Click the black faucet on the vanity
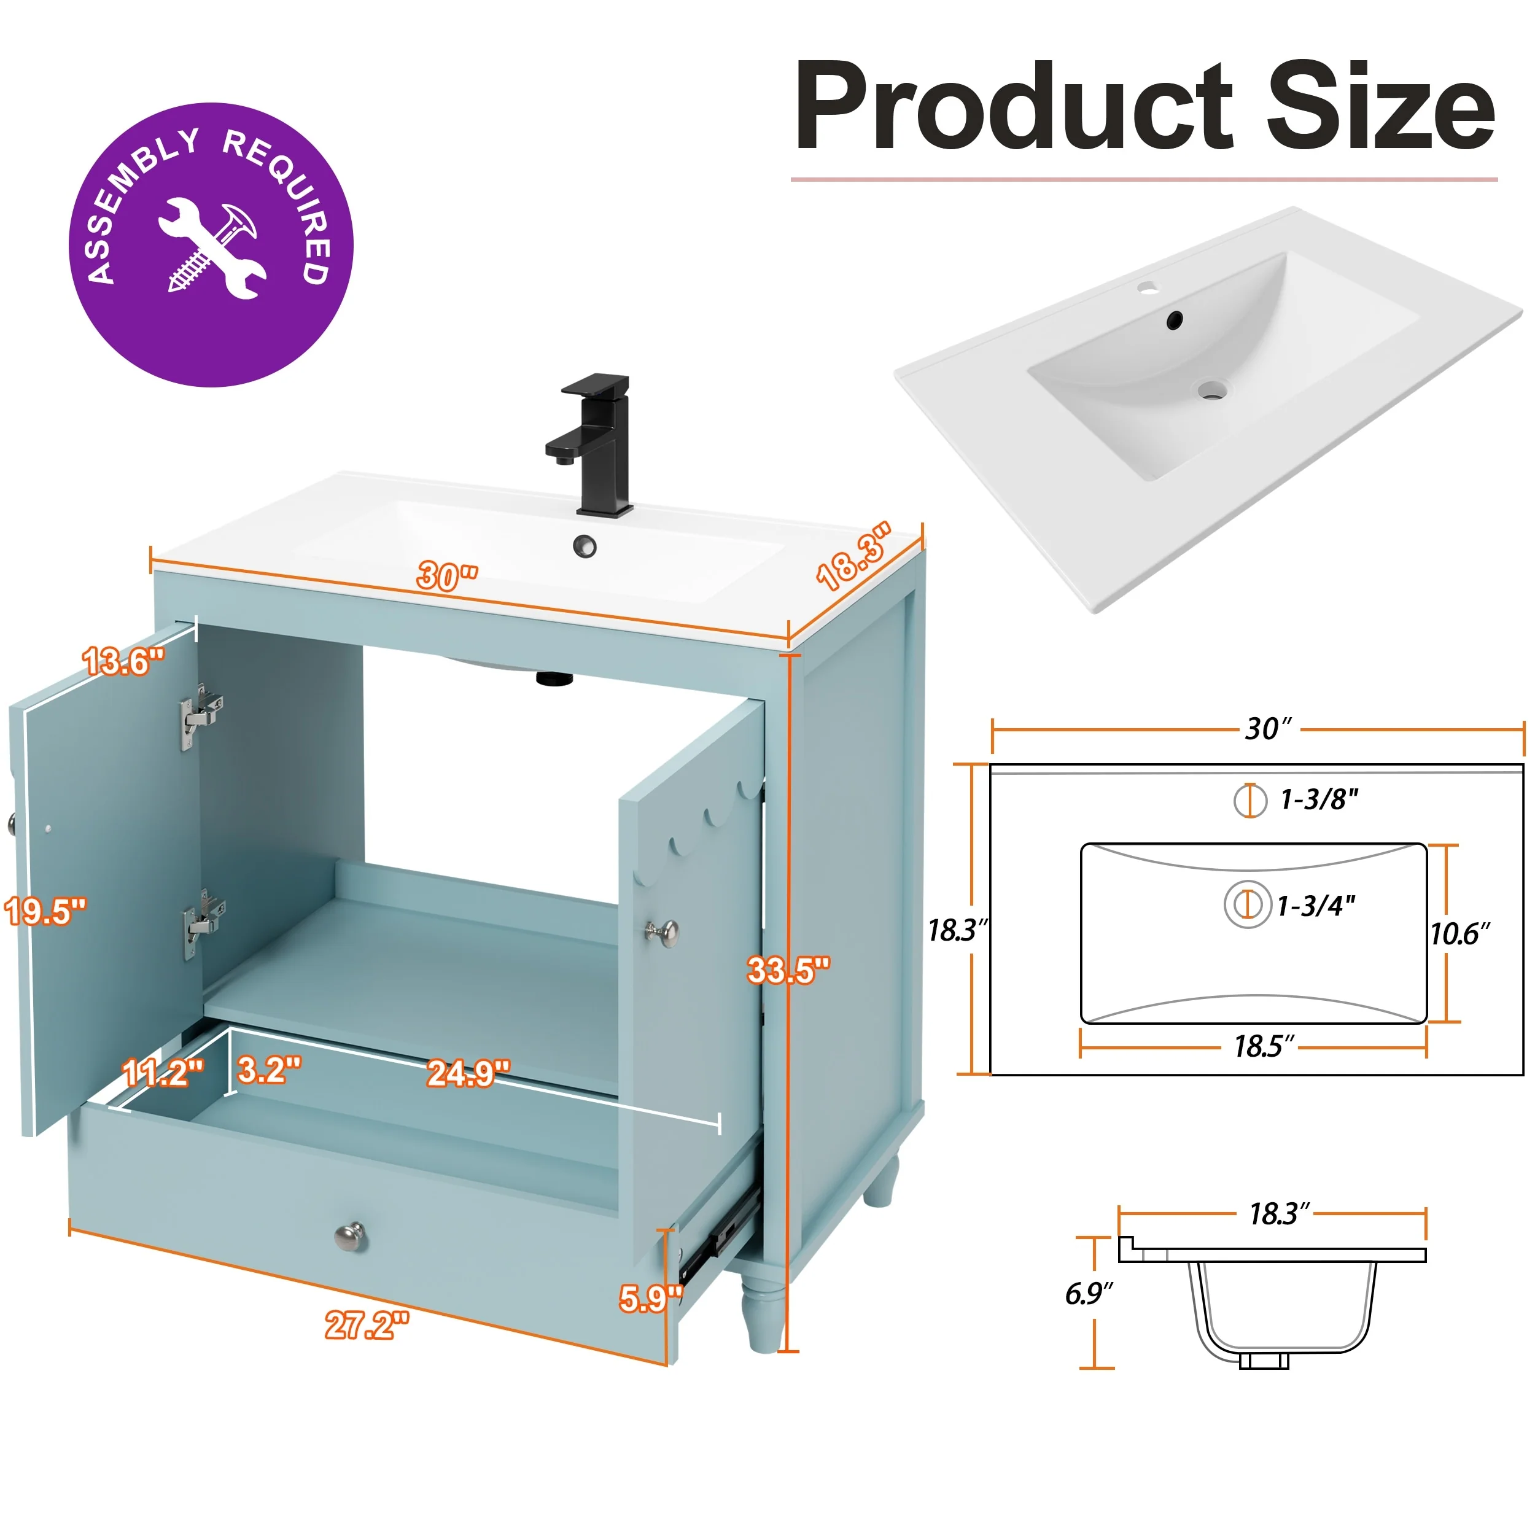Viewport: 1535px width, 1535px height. (x=592, y=445)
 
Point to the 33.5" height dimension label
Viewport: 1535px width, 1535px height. (x=788, y=970)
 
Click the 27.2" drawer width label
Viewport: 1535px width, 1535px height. (x=367, y=1324)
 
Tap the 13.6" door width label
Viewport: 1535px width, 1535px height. (x=124, y=661)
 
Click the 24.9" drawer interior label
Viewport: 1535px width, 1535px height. (x=468, y=1073)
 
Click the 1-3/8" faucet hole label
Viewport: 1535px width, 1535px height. (x=1319, y=799)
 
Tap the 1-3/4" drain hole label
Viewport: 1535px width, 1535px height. (x=1316, y=905)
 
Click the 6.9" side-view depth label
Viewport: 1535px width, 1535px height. (x=1089, y=1294)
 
